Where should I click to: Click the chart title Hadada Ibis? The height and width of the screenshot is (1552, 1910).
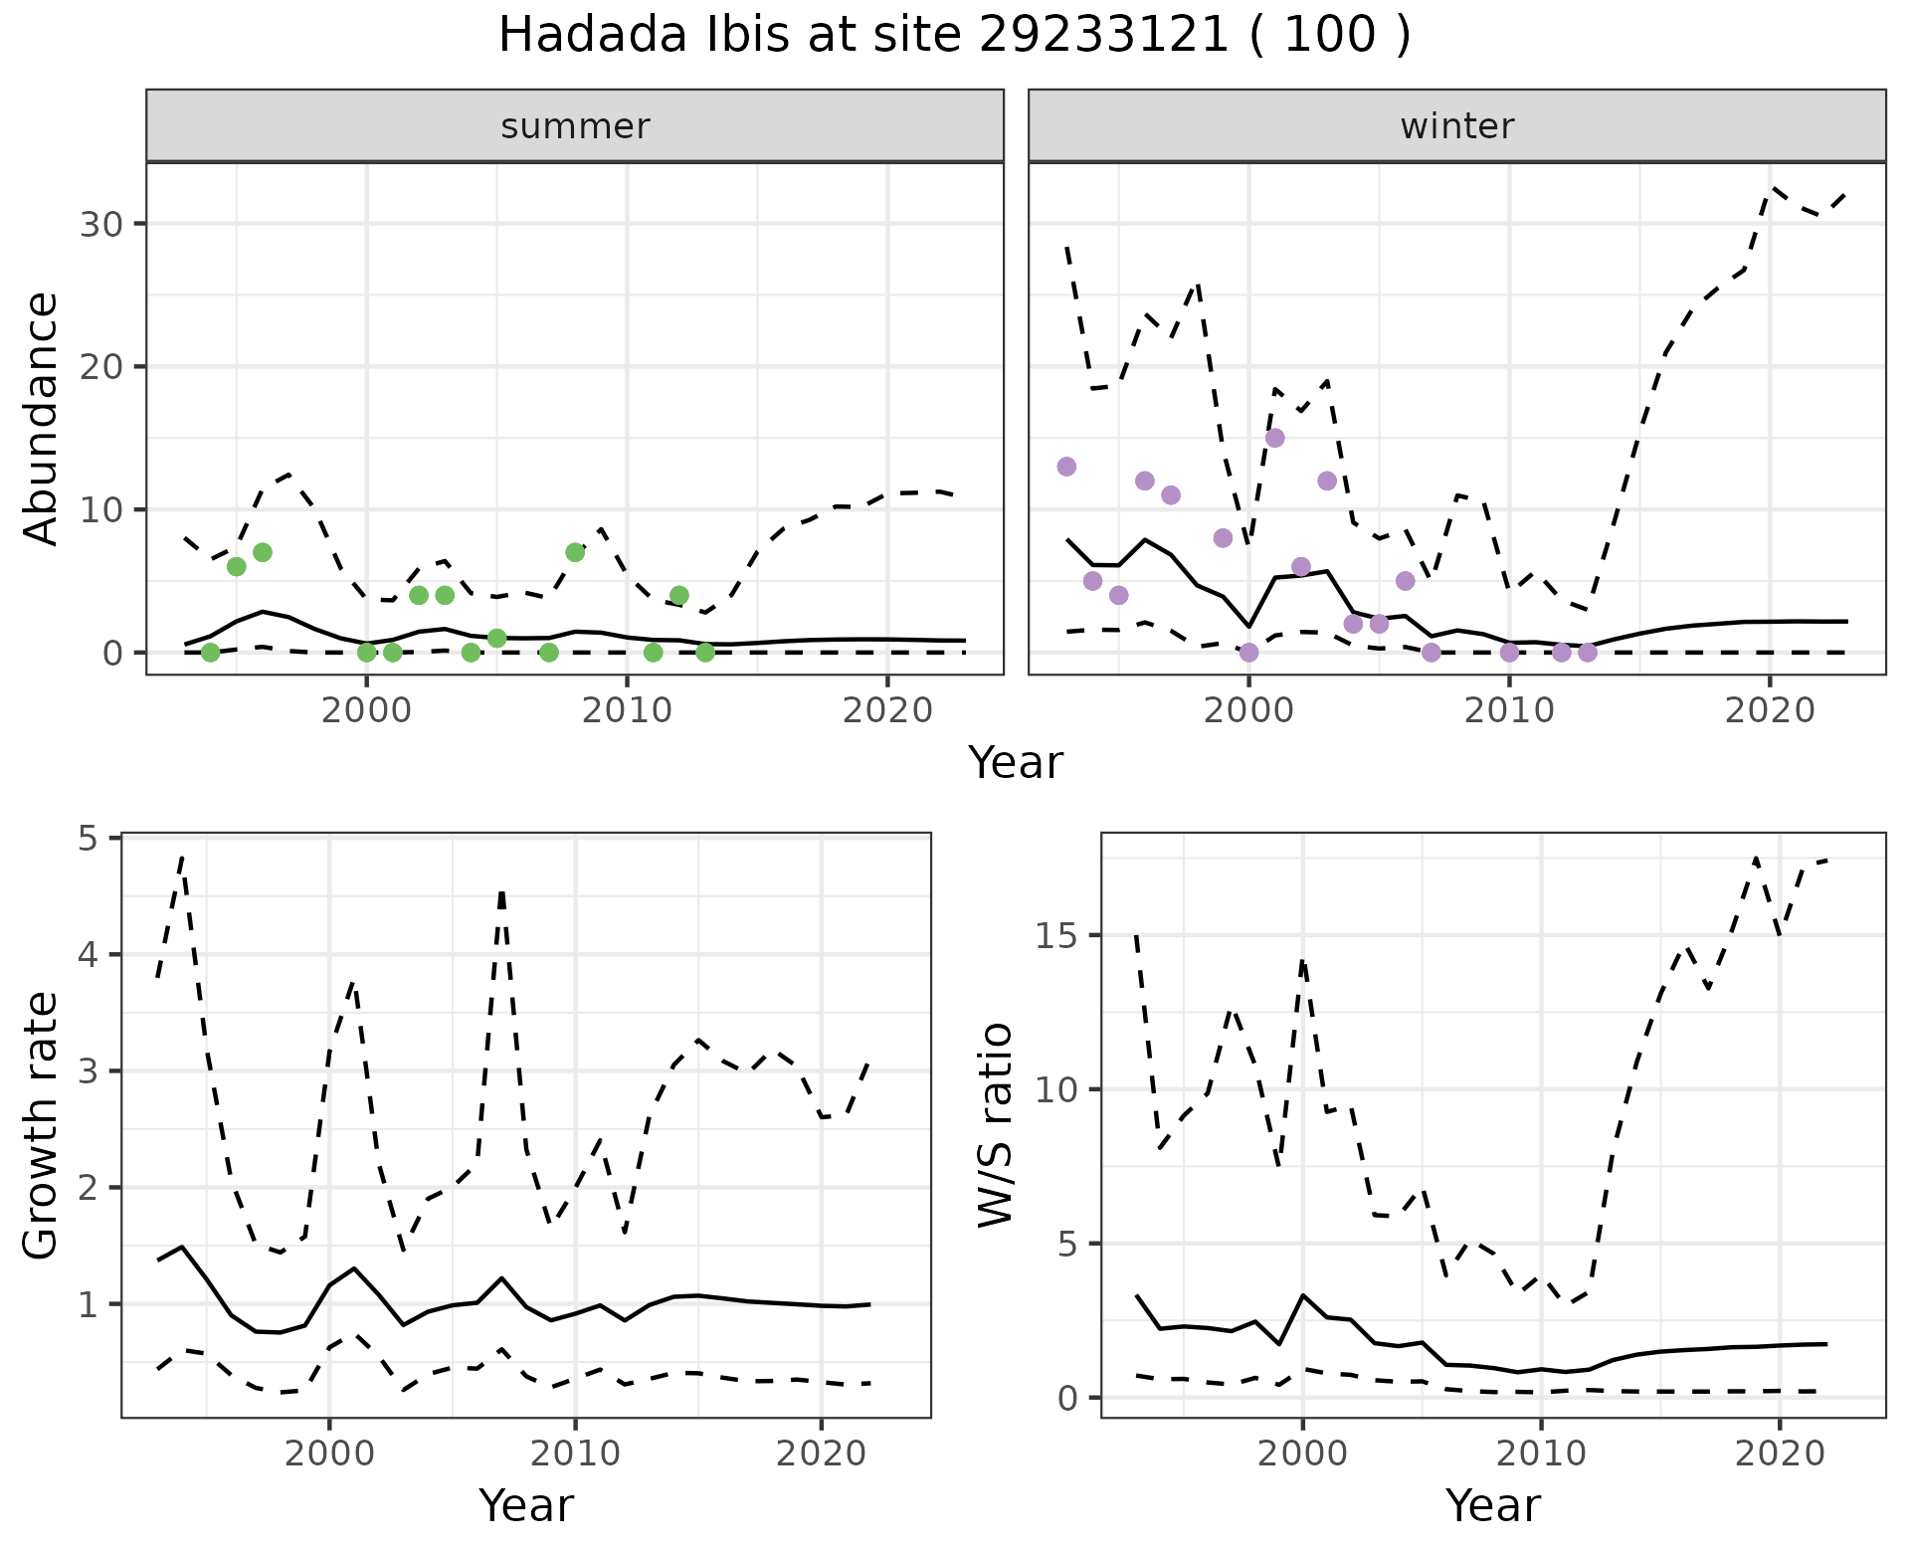[953, 36]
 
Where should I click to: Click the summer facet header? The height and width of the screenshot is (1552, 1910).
[575, 126]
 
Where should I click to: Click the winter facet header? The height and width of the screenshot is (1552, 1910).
[1456, 126]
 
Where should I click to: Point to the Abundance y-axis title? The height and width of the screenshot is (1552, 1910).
[42, 418]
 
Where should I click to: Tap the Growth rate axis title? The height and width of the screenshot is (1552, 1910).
[42, 1126]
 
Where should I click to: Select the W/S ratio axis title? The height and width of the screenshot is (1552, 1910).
[995, 1126]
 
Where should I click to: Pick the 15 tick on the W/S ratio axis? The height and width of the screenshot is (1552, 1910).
[1060, 936]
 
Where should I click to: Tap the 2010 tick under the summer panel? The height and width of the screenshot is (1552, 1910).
[627, 710]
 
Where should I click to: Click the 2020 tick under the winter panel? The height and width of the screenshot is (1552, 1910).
[1769, 710]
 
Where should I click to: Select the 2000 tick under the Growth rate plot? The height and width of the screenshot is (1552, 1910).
[329, 1454]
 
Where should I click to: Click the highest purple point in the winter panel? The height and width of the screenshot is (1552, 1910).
[1274, 438]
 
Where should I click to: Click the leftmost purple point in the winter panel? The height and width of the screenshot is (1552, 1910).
[1066, 467]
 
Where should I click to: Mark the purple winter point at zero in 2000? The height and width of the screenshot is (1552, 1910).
[1248, 653]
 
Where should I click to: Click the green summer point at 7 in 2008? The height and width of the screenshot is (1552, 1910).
[575, 552]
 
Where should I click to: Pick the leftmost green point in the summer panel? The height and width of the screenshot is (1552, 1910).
[210, 653]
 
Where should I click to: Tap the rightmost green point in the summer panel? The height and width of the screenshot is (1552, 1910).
[705, 653]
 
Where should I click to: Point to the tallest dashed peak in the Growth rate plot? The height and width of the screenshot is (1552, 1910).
[182, 856]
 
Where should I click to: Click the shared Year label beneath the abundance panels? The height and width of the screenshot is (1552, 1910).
[1015, 763]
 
